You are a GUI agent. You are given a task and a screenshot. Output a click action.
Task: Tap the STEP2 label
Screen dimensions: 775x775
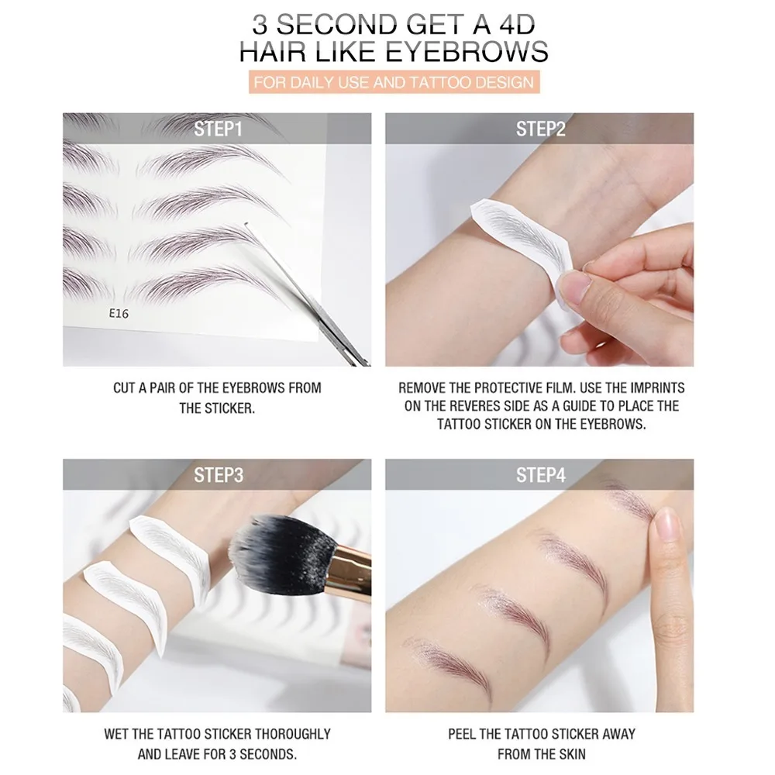click(540, 129)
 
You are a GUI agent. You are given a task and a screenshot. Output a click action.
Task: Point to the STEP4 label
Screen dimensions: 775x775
click(540, 475)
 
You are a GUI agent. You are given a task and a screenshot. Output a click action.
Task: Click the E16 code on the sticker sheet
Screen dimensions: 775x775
click(119, 315)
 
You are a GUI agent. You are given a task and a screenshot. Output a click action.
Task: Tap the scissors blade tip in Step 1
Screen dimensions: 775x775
click(246, 225)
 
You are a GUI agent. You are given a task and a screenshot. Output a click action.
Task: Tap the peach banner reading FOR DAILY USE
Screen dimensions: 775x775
click(394, 81)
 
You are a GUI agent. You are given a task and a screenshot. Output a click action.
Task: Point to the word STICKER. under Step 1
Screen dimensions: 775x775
click(228, 408)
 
